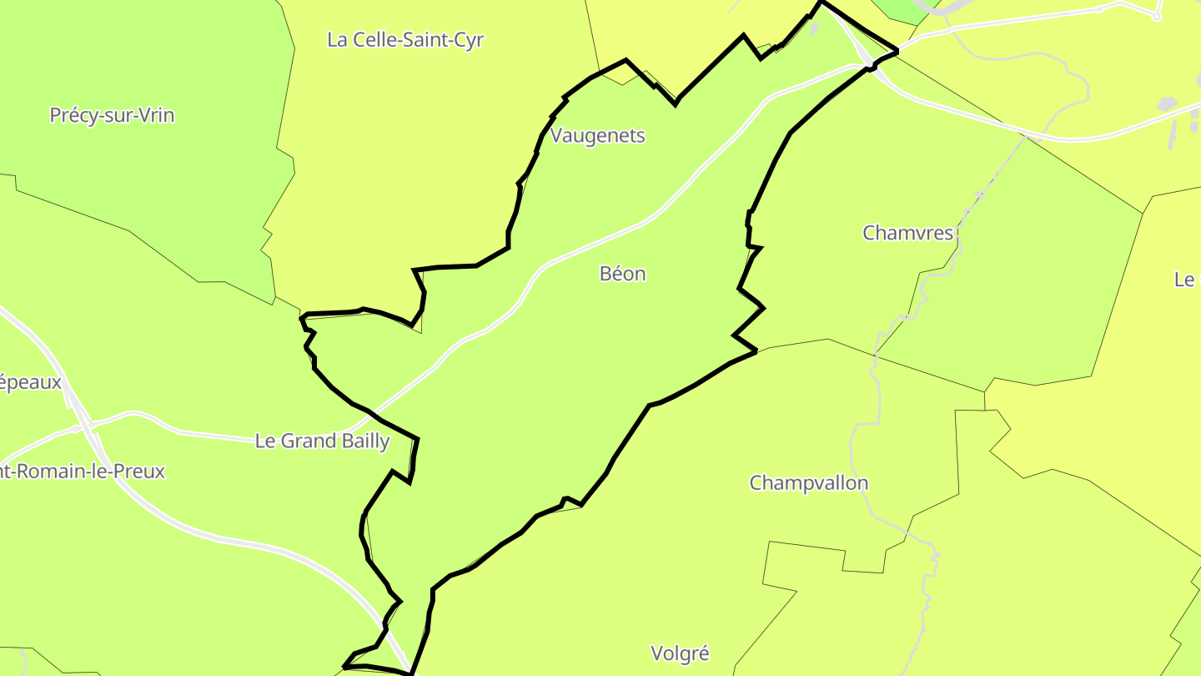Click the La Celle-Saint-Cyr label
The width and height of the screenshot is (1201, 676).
click(405, 40)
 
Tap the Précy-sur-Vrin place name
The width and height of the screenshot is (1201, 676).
click(112, 115)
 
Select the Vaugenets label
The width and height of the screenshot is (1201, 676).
click(598, 135)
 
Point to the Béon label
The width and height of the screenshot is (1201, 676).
click(622, 274)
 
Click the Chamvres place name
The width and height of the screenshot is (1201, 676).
click(907, 233)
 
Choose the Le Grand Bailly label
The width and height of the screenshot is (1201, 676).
click(322, 441)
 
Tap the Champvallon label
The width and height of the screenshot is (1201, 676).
click(808, 483)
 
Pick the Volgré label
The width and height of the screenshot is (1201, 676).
click(680, 653)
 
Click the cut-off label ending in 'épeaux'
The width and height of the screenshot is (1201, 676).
click(31, 382)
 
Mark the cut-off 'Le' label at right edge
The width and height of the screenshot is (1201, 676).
click(1185, 280)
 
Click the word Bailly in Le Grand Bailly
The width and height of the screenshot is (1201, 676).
click(364, 441)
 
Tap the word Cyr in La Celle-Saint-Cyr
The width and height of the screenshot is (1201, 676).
click(470, 40)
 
